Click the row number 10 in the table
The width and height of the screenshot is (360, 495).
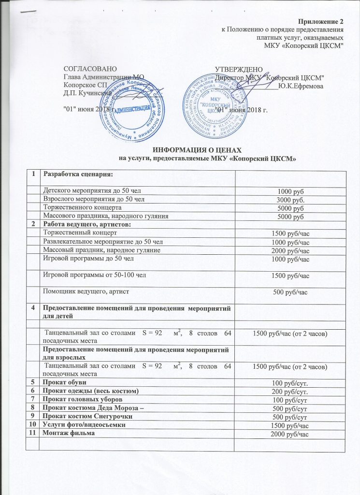(x=33, y=425)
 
